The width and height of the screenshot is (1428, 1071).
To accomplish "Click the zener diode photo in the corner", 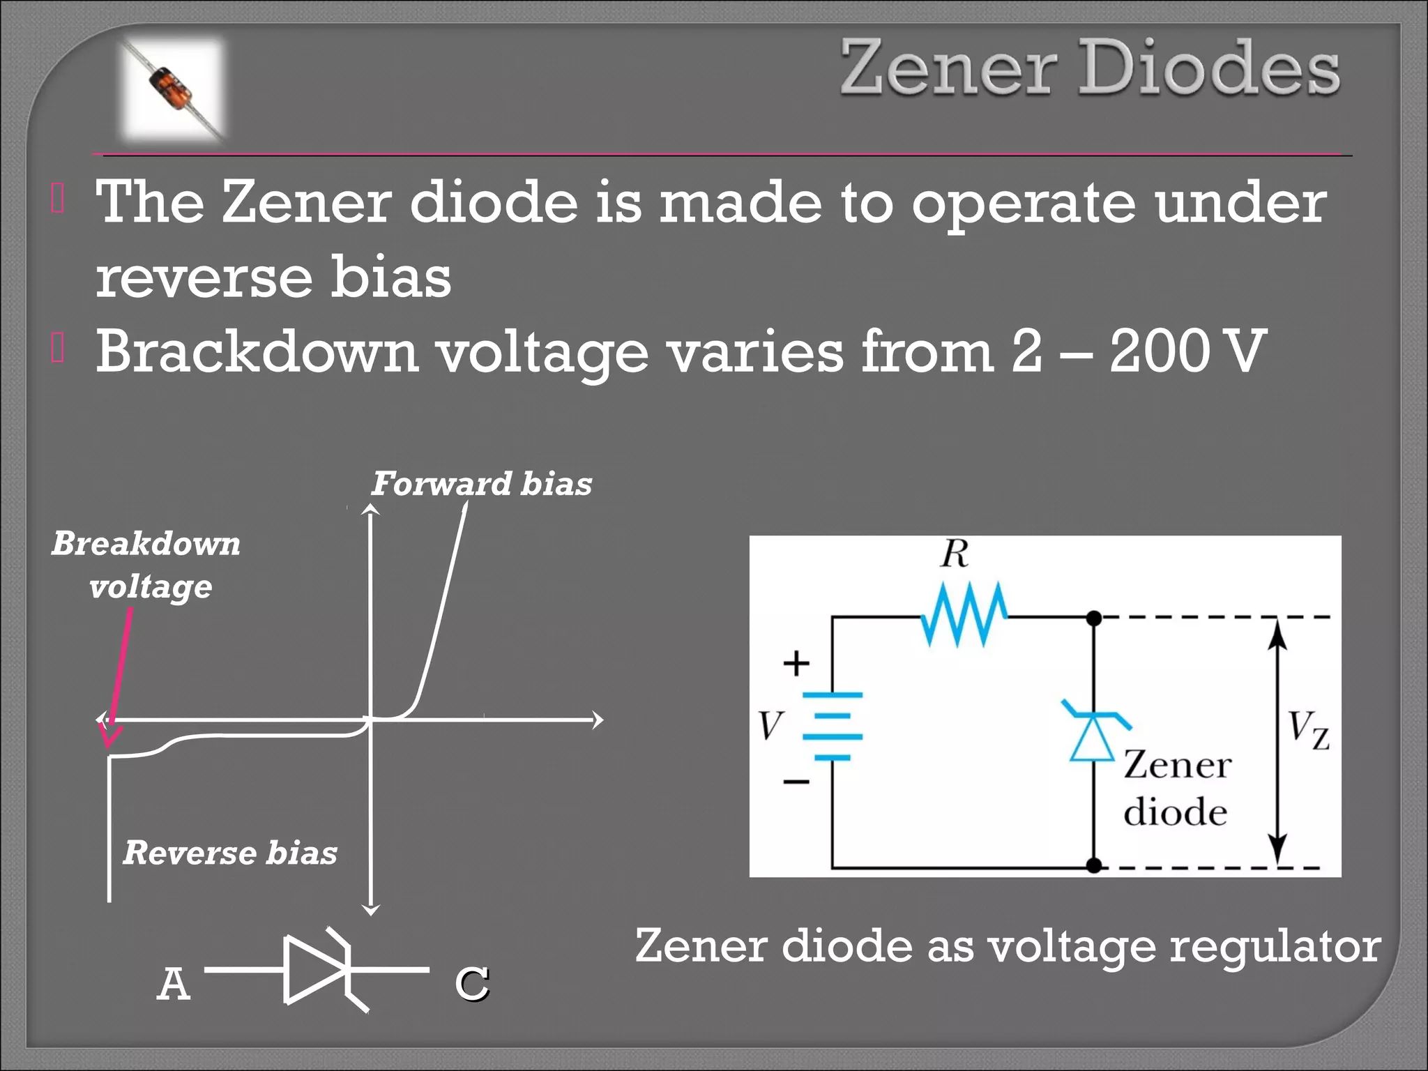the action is pyautogui.click(x=173, y=89).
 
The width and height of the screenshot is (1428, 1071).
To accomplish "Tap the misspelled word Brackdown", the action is pyautogui.click(x=257, y=351).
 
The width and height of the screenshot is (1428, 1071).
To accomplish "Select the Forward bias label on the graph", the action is pyautogui.click(x=481, y=484).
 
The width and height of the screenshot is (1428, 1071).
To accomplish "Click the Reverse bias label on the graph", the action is pyautogui.click(x=230, y=853).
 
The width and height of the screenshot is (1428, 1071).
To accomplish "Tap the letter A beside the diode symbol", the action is pyautogui.click(x=174, y=984).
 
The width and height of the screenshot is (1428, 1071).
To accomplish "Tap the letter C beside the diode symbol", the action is pyautogui.click(x=472, y=984).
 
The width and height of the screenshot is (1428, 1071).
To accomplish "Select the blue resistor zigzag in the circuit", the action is pyautogui.click(x=964, y=615).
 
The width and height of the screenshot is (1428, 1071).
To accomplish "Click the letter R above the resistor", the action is pyautogui.click(x=955, y=554).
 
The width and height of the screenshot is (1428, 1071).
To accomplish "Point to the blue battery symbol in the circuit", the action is pyautogui.click(x=833, y=726).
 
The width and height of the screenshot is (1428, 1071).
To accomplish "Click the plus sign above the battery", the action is pyautogui.click(x=796, y=663).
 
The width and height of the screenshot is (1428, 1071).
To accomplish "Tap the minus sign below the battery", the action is pyautogui.click(x=796, y=782).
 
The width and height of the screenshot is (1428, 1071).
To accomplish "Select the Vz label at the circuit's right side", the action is pyautogui.click(x=1308, y=729).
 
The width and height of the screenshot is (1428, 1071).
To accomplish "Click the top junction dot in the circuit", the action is pyautogui.click(x=1094, y=618).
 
